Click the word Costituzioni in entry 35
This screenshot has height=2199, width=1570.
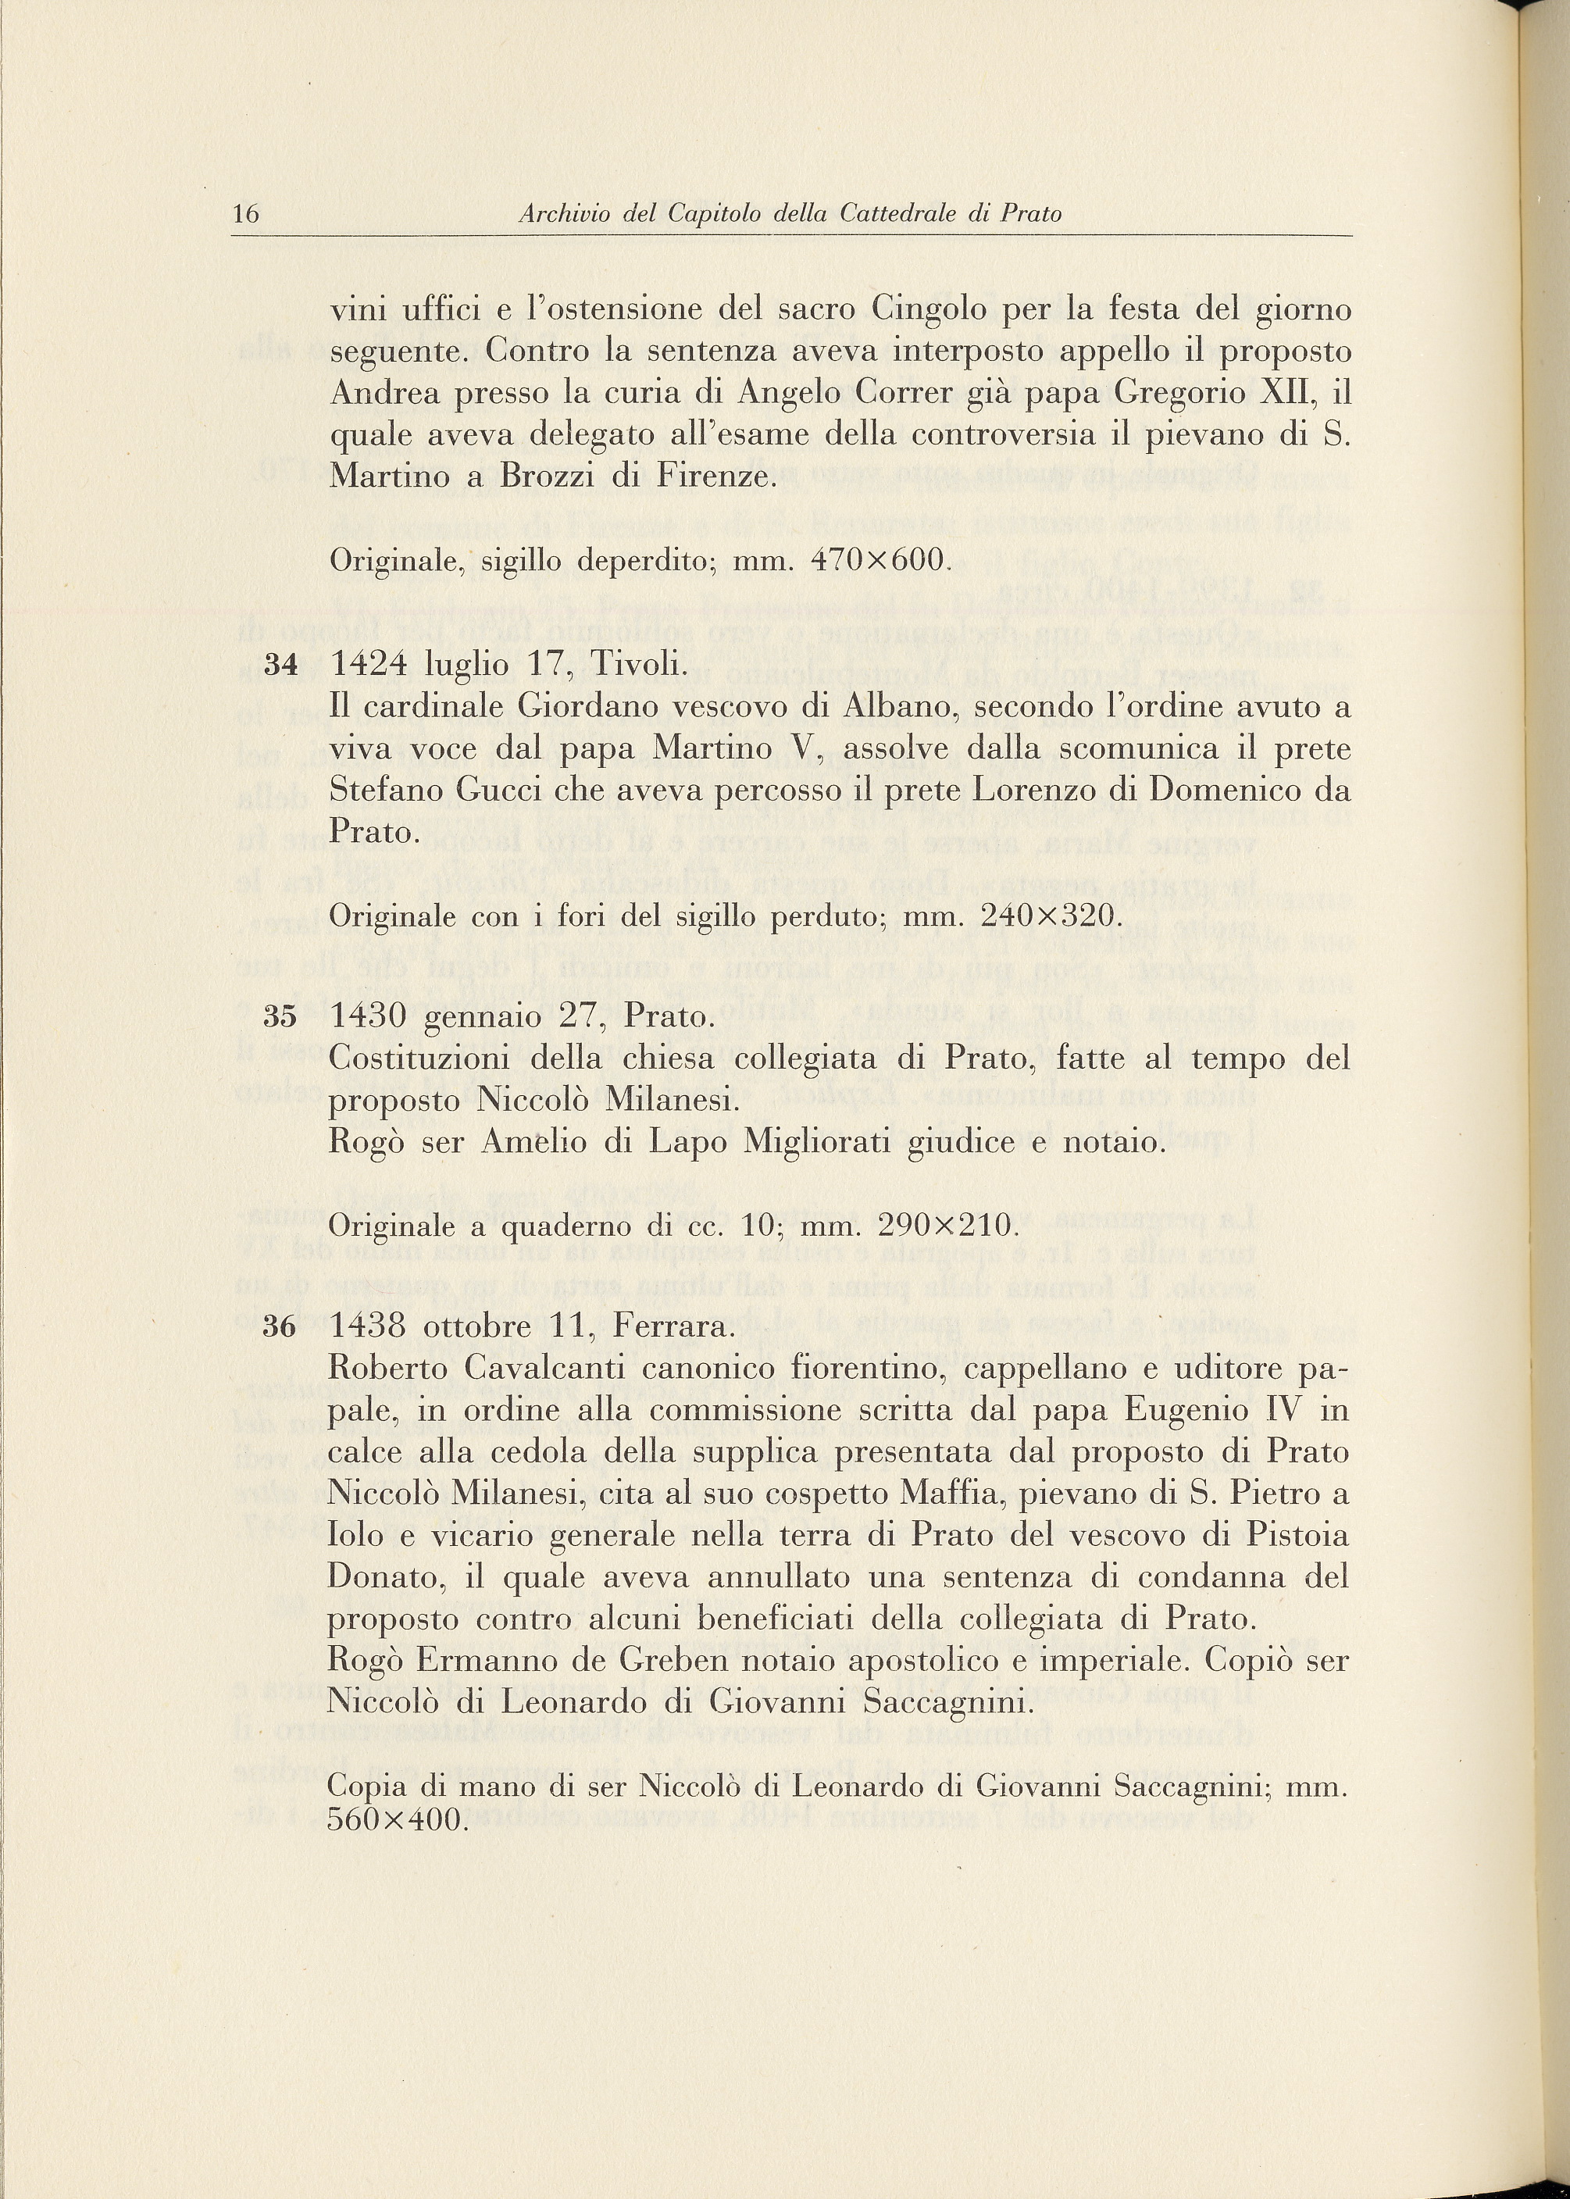pyautogui.click(x=422, y=1058)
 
